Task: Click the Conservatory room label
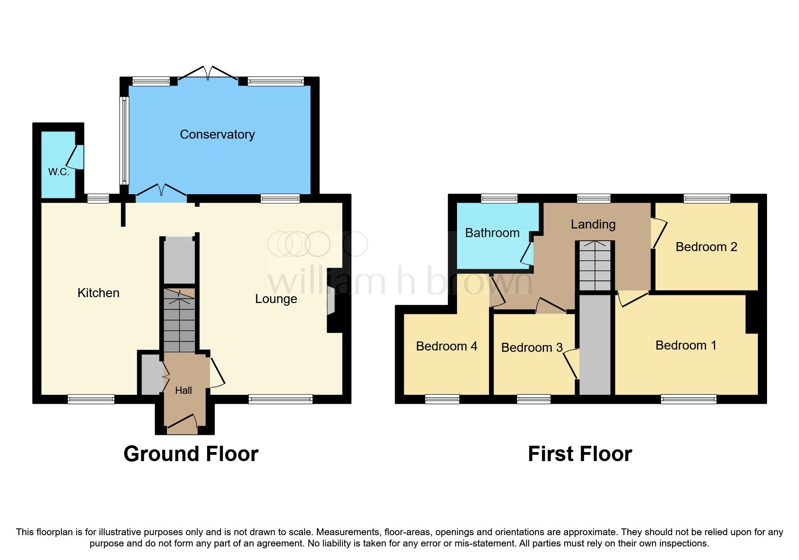pos(217,134)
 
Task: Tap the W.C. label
pos(59,172)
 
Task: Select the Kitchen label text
pos(98,293)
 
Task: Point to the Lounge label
pos(276,299)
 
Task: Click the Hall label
pos(183,390)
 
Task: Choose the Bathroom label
pos(492,233)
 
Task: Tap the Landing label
pos(593,224)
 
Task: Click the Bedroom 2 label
pos(706,247)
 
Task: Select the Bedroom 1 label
pos(686,345)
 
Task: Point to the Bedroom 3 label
pos(531,347)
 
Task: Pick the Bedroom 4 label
pos(446,346)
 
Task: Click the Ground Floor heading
pos(191,454)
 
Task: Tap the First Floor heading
pos(580,454)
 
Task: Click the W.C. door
pos(76,157)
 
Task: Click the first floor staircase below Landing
pos(595,266)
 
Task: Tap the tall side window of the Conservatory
pos(124,140)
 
